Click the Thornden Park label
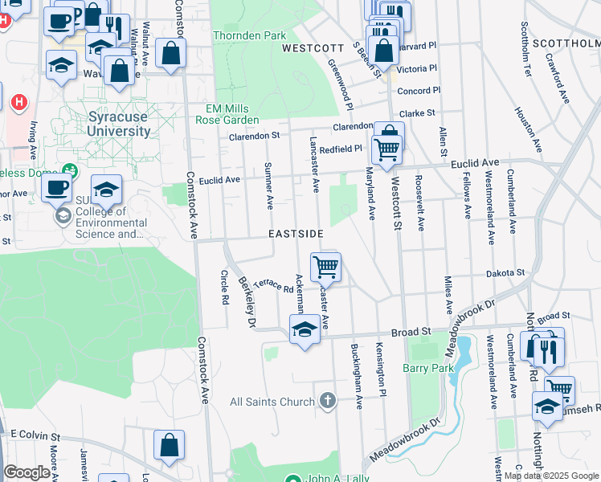[x=250, y=36]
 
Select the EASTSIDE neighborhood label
[x=296, y=234]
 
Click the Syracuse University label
[x=117, y=123]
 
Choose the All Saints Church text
[x=272, y=402]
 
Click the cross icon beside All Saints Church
[x=326, y=400]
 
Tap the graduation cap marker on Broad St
[x=305, y=329]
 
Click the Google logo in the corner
[x=27, y=472]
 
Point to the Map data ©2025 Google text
[x=550, y=476]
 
